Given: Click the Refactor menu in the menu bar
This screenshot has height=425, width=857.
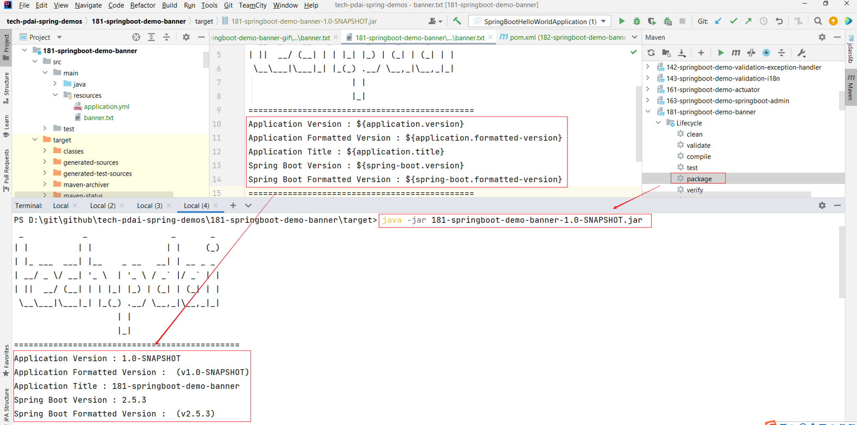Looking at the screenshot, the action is [x=143, y=5].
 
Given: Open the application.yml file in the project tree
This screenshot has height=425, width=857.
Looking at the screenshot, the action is [x=106, y=107].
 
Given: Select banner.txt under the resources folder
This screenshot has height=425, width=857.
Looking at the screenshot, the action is [x=99, y=118].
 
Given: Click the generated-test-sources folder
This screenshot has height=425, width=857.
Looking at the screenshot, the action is [x=97, y=174].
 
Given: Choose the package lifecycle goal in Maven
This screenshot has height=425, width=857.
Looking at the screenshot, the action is [x=699, y=179].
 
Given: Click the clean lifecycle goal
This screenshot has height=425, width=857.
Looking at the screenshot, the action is [x=694, y=134].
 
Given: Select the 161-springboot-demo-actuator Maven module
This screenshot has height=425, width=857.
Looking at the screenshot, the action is [x=713, y=90].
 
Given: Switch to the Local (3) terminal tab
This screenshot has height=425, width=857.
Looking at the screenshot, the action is [x=150, y=206].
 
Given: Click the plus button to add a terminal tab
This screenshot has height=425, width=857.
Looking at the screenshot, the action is [x=233, y=206].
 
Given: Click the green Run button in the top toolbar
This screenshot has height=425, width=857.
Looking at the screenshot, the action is [x=621, y=21].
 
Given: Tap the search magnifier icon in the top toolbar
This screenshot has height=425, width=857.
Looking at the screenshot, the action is [x=818, y=21].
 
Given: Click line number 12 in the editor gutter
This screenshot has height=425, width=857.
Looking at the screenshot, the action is [x=217, y=152].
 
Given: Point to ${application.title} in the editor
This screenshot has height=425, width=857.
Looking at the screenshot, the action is [x=395, y=152].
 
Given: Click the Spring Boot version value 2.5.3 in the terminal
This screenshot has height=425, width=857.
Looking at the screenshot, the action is [x=134, y=400].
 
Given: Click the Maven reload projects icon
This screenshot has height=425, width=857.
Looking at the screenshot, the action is [x=651, y=53].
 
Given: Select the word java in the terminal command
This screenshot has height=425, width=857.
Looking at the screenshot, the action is [x=392, y=220].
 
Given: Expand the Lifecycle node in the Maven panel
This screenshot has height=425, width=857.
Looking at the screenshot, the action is [x=658, y=123].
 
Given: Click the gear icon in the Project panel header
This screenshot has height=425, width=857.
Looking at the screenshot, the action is [x=186, y=37].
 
